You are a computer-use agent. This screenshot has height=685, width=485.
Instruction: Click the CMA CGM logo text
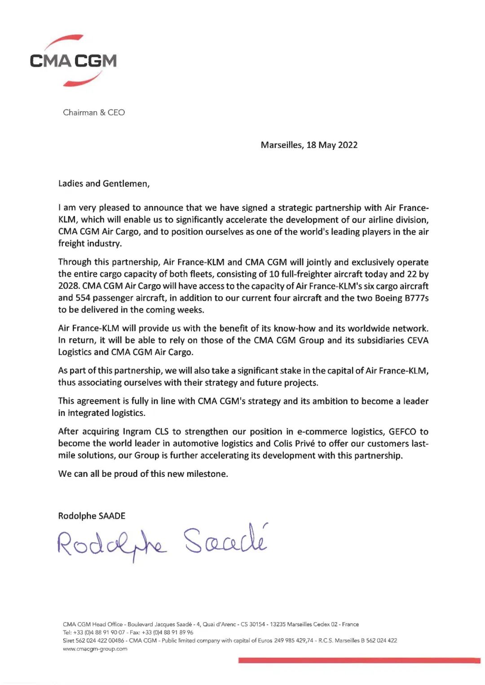(x=73, y=61)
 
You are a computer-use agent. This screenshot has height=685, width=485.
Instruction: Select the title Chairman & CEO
(x=94, y=113)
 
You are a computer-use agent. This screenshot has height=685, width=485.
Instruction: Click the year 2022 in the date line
(x=348, y=145)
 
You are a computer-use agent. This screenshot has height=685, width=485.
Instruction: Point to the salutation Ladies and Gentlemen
(x=104, y=183)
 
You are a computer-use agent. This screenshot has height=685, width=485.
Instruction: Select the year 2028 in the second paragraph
(x=68, y=286)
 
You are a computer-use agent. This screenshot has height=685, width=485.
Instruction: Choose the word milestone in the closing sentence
(x=207, y=474)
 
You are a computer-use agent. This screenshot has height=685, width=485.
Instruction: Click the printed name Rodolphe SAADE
(x=92, y=516)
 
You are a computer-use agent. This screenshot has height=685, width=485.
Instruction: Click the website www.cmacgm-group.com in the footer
(x=95, y=649)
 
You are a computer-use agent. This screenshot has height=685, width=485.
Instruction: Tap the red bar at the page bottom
(x=359, y=660)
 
